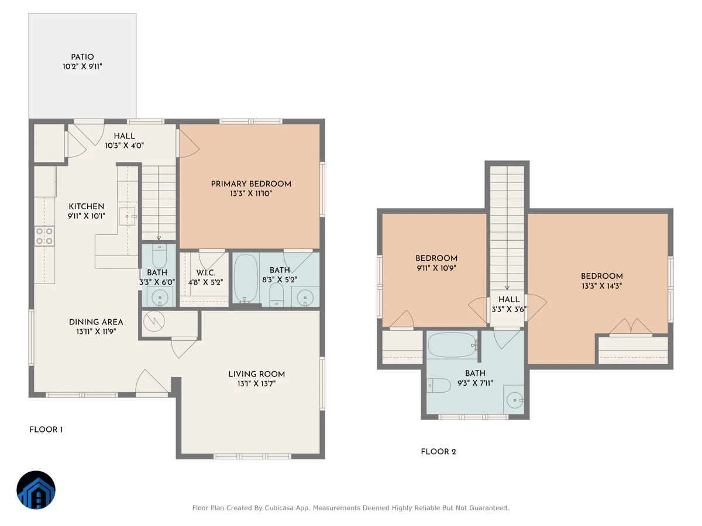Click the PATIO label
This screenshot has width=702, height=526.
pos(82,57)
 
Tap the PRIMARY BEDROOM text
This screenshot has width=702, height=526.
pos(251,184)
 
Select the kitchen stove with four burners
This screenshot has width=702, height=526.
pos(44,236)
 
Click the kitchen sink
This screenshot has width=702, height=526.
pos(128,216)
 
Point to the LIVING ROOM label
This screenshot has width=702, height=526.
pos(256,374)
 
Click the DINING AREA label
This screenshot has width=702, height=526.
pos(96,322)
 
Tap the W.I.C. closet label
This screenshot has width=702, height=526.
pos(206,273)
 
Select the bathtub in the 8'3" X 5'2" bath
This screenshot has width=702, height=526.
pos(246,278)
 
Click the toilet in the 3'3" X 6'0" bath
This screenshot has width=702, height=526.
pos(159,256)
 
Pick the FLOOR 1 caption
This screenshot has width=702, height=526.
pos(46,430)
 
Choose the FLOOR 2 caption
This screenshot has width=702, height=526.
pos(438,452)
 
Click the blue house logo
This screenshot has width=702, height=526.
pos(36,490)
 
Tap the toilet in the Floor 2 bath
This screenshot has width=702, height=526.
pos(439,386)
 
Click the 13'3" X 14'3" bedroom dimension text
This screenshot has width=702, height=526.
pos(601,286)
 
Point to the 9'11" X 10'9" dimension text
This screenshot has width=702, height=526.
pos(436,268)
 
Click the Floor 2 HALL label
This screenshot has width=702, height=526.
pos(509,300)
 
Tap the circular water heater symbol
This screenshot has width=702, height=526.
pos(154,321)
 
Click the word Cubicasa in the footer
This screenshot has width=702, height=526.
pos(279,508)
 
